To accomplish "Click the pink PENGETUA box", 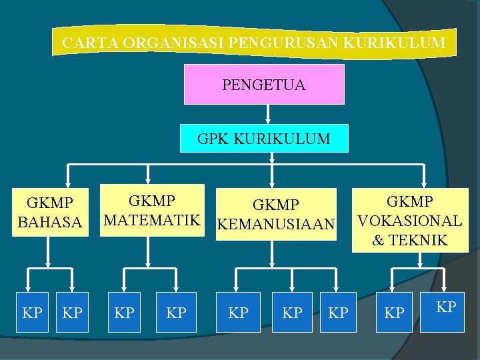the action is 264,85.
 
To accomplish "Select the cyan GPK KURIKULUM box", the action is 264,139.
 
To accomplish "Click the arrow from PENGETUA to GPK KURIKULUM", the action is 267,115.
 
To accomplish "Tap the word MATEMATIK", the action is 153,219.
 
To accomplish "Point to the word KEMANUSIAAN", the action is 275,225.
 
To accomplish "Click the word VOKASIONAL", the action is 410,221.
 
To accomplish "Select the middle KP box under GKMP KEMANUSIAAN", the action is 292,312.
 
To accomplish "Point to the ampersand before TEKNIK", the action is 378,241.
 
